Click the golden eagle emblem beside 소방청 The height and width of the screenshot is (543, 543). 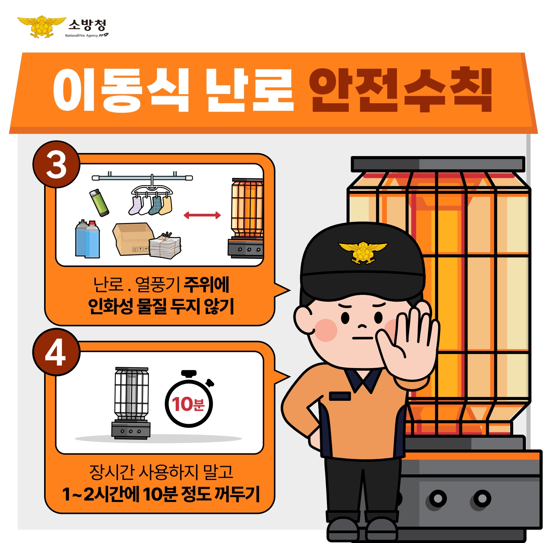(42, 26)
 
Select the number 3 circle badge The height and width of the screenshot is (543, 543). (56, 164)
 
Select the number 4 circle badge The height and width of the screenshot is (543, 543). (56, 352)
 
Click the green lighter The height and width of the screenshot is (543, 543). (99, 202)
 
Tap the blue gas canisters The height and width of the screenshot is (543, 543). (87, 239)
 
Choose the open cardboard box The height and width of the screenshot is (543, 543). (133, 239)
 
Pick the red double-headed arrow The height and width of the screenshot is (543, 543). (202, 215)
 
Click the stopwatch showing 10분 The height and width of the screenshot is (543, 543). (189, 398)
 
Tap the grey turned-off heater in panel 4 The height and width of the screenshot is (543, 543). (131, 403)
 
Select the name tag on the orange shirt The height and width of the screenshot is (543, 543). (340, 396)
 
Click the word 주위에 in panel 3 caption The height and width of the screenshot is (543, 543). (207, 285)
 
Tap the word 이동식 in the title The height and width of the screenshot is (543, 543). (121, 90)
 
